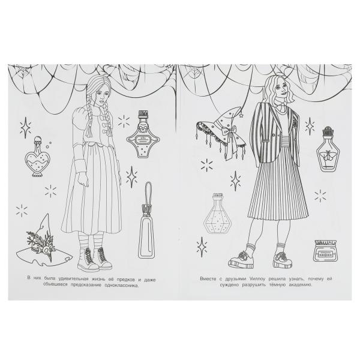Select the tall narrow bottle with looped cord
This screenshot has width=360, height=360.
click(x=147, y=220)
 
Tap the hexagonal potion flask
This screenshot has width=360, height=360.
click(x=216, y=214)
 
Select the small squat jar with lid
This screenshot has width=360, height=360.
click(x=325, y=251)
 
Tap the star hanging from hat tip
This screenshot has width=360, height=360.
click(x=241, y=115)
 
